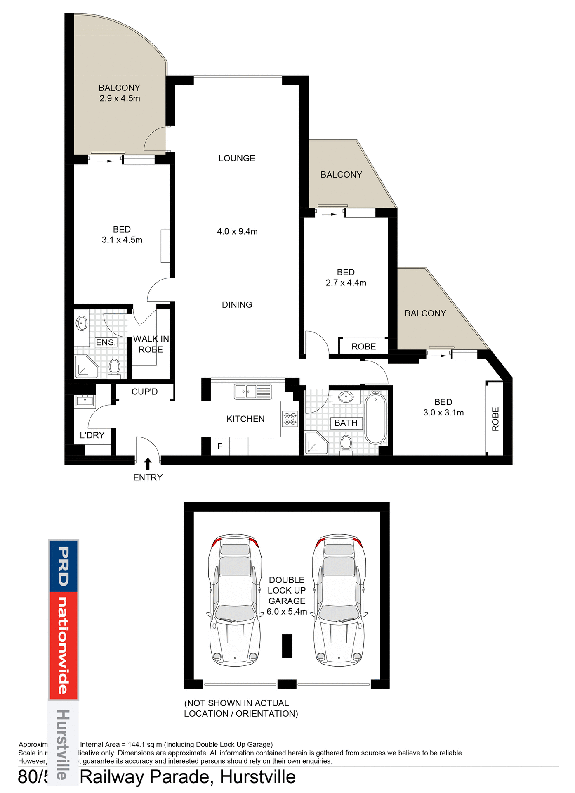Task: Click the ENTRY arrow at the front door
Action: click(148, 463)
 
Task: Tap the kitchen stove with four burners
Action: click(290, 418)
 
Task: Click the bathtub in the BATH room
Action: click(375, 418)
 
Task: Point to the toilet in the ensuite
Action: click(114, 368)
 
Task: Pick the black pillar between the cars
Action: click(287, 646)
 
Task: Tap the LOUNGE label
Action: click(237, 158)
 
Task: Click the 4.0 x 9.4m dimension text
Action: click(237, 232)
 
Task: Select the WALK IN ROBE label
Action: click(151, 344)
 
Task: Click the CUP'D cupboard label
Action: click(144, 392)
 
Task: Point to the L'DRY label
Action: click(92, 435)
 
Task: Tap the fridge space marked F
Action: click(220, 446)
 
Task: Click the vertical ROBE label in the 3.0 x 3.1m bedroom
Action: click(495, 419)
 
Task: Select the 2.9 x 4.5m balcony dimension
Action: click(120, 99)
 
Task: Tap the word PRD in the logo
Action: click(63, 566)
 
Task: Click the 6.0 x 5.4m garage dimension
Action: click(287, 612)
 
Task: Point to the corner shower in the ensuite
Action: click(86, 367)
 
